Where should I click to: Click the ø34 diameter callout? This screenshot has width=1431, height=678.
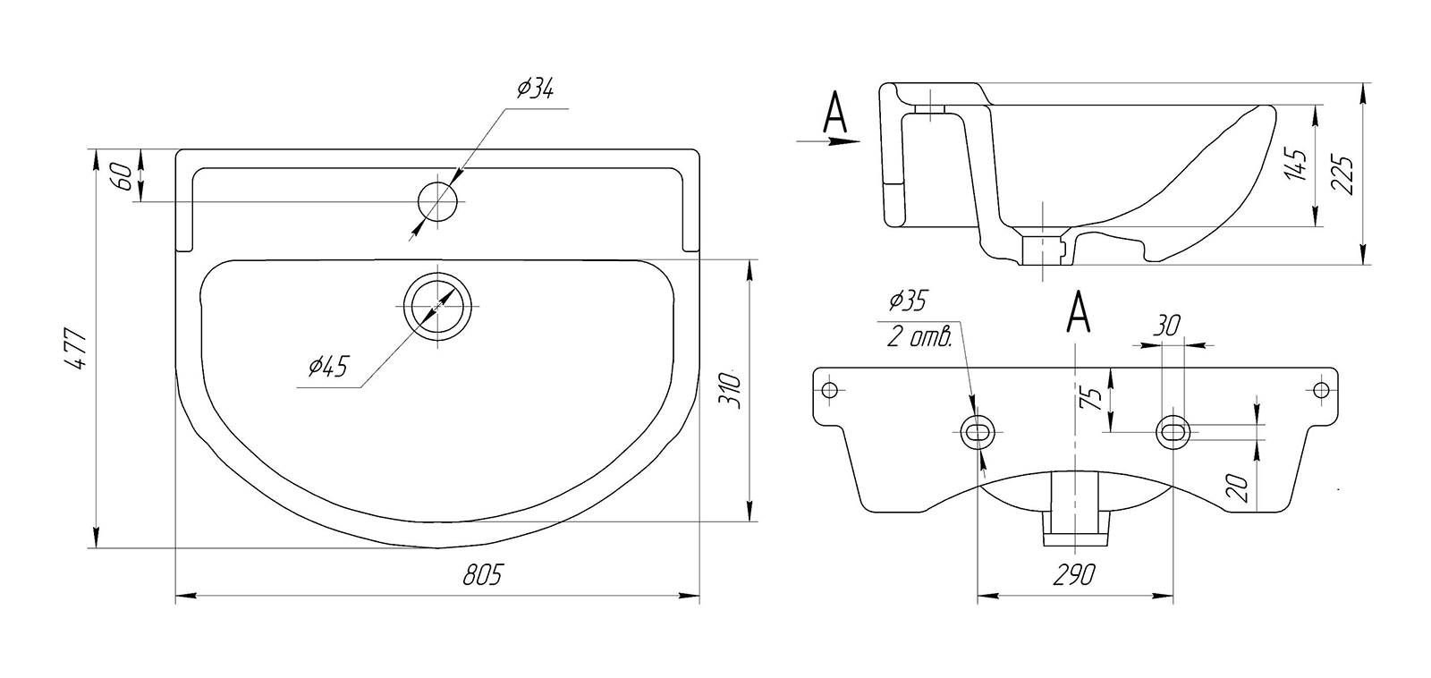pos(535,89)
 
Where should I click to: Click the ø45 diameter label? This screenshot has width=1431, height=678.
pos(326,367)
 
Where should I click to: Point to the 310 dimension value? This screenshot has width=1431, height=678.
pos(728,388)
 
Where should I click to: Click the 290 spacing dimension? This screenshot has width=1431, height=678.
pos(1074,574)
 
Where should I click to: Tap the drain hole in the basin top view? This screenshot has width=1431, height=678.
pos(437,304)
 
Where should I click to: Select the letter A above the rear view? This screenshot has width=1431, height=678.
pos(1080,312)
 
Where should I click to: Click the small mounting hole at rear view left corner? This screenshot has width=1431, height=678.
pos(829,389)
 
